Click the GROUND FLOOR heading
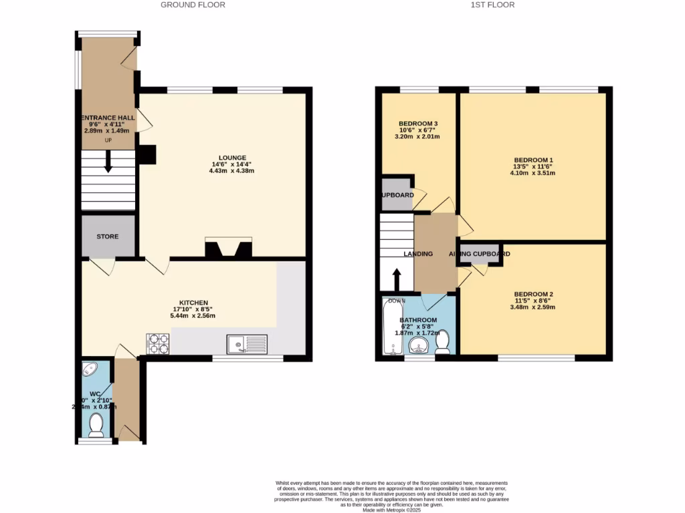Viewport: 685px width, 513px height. [x=193, y=5]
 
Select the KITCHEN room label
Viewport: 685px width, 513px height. [x=193, y=303]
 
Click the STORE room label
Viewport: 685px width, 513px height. [x=108, y=236]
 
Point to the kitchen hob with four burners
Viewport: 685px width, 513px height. [x=158, y=343]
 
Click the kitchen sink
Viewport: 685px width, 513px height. [x=247, y=344]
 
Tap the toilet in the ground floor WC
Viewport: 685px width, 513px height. [x=96, y=423]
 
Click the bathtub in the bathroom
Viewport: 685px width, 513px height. [x=392, y=326]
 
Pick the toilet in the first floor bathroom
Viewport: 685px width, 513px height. [x=442, y=342]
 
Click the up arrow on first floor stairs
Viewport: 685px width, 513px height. [x=396, y=277]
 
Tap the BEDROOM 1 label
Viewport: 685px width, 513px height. [x=533, y=160]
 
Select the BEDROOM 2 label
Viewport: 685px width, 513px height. [x=533, y=295]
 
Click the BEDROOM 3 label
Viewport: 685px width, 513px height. [x=419, y=124]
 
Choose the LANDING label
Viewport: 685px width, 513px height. [x=418, y=254]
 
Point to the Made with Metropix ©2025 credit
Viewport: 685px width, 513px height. [x=392, y=510]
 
